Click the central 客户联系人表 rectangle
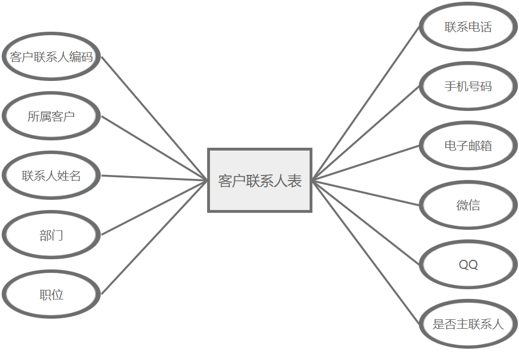[x=260, y=180]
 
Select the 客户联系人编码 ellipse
[x=52, y=57]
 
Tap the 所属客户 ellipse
[x=52, y=116]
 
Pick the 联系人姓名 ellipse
[x=52, y=175]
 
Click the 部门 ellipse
[x=52, y=235]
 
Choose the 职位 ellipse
[x=52, y=294]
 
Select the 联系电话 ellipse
[x=468, y=27]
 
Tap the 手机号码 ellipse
[x=468, y=86]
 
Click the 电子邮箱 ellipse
[x=468, y=145]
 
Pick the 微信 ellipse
[x=468, y=205]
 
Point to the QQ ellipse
[x=468, y=264]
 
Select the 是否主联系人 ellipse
[x=468, y=324]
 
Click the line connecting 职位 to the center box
[x=155, y=238]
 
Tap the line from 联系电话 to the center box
[x=366, y=103]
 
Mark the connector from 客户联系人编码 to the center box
[x=155, y=118]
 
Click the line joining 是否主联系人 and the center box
[x=366, y=252]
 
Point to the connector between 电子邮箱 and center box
[x=366, y=162]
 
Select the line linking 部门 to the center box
[x=155, y=208]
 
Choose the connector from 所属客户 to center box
[x=155, y=148]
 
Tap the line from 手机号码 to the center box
[x=366, y=133]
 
